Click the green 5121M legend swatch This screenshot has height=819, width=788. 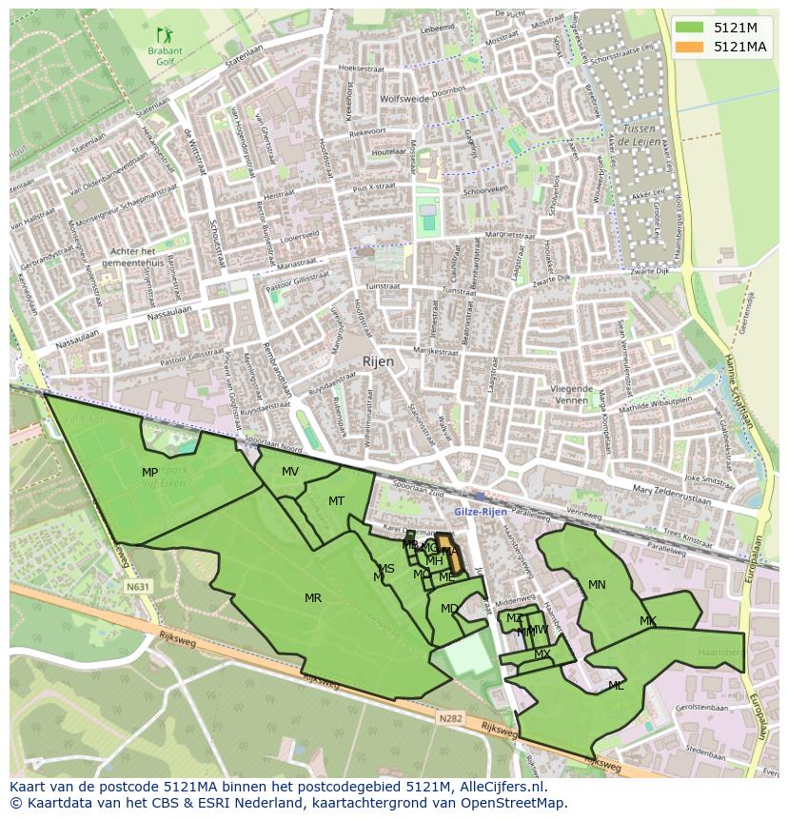(x=690, y=28)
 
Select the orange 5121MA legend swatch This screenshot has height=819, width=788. (x=690, y=47)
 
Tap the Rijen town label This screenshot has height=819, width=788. (x=377, y=362)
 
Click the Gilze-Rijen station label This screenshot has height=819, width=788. (x=481, y=512)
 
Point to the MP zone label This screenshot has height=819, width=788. (x=149, y=473)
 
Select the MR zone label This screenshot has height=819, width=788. (x=312, y=597)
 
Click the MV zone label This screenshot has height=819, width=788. (x=290, y=472)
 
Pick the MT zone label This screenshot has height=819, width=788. (x=336, y=500)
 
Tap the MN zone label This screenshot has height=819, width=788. (x=597, y=584)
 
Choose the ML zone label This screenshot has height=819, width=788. (x=616, y=685)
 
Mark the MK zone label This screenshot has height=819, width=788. (x=647, y=621)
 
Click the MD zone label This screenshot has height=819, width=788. (x=449, y=609)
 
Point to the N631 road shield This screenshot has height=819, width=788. (x=137, y=588)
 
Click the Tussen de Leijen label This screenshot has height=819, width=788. (x=635, y=134)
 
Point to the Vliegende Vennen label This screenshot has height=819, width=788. (x=571, y=395)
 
